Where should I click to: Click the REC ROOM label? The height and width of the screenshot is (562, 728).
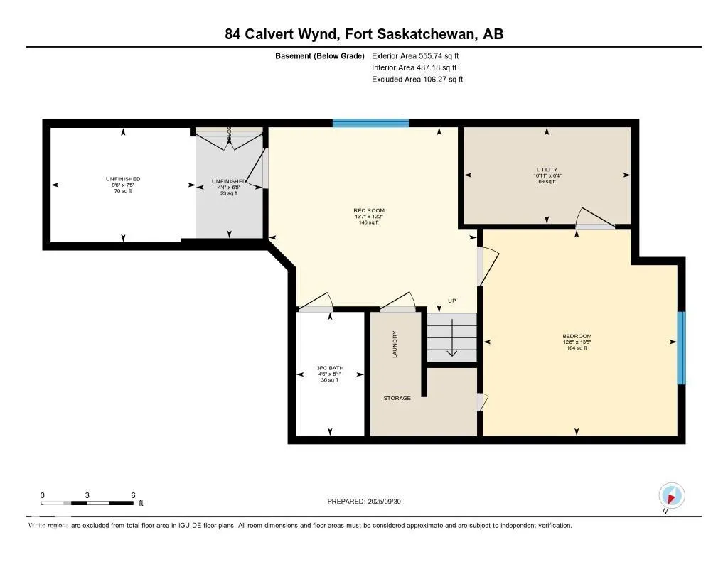[369, 211]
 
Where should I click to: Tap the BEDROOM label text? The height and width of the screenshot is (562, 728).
[577, 337]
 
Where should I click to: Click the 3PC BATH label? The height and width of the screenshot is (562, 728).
[330, 368]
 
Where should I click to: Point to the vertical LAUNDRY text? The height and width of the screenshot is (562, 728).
[395, 345]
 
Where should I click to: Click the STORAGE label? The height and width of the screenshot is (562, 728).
[397, 399]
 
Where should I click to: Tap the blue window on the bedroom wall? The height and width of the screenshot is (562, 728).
[681, 348]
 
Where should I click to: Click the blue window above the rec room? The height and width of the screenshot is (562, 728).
[370, 124]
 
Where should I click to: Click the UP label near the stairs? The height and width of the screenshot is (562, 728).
[451, 301]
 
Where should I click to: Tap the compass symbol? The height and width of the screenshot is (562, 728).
[671, 495]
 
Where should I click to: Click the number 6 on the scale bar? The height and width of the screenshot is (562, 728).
[133, 495]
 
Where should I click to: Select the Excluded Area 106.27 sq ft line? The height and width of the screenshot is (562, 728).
[417, 80]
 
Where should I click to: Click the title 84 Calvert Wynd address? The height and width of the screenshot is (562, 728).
[364, 34]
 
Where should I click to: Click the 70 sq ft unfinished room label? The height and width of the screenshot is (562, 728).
[124, 191]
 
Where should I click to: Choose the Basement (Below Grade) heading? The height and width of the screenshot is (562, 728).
[319, 55]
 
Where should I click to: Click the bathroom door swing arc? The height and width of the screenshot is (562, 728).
[319, 301]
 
